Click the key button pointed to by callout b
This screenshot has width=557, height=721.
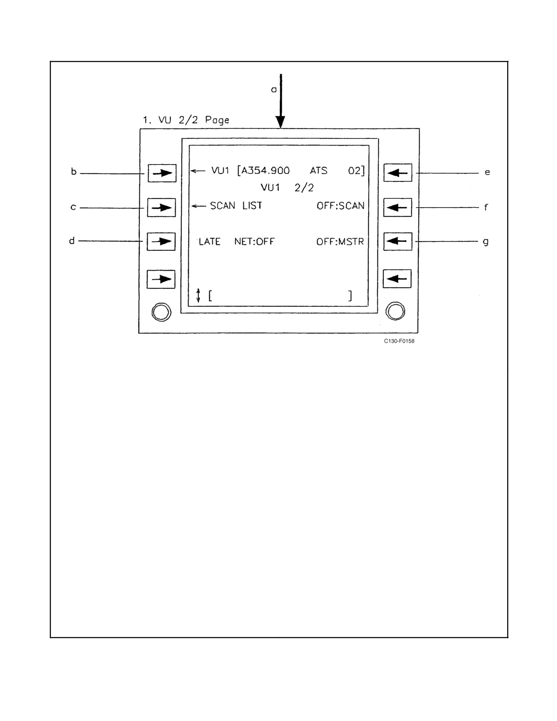162,173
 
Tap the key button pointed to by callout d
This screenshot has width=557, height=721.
161,242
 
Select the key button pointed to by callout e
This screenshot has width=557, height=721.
398,173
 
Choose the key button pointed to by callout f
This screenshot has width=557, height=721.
398,208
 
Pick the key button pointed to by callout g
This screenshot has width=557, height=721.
398,241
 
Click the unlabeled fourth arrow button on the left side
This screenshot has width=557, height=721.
161,279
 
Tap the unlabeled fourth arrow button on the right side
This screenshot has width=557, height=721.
397,279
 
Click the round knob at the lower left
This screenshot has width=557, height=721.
162,312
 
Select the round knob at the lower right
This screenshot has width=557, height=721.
395,311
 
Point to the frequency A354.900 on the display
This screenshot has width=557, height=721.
266,170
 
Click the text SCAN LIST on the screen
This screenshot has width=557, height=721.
236,206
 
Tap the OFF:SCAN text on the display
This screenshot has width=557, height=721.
340,206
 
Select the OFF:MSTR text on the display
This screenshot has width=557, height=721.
340,242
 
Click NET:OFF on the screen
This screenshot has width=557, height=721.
254,242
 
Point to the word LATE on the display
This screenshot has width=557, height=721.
209,242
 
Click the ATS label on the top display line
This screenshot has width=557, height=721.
318,170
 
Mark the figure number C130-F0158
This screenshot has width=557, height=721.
399,341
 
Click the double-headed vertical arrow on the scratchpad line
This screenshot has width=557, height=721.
198,295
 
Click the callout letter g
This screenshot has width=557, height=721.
486,242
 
